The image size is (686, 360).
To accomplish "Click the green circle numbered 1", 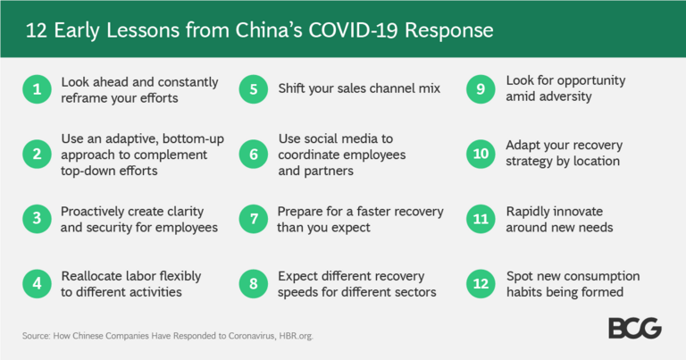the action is [38, 89].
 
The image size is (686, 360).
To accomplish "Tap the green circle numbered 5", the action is [254, 89].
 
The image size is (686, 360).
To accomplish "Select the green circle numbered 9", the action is [481, 89].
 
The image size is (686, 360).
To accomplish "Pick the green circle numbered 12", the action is [481, 284].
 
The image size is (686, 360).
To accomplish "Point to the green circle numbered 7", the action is [254, 219].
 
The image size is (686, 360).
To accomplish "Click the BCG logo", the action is [635, 328].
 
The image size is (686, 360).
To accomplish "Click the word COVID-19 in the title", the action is [354, 30].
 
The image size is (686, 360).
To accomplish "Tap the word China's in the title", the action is [269, 30].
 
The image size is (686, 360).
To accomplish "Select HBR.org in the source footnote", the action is [297, 336].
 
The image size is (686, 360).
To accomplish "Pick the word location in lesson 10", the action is [597, 161].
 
